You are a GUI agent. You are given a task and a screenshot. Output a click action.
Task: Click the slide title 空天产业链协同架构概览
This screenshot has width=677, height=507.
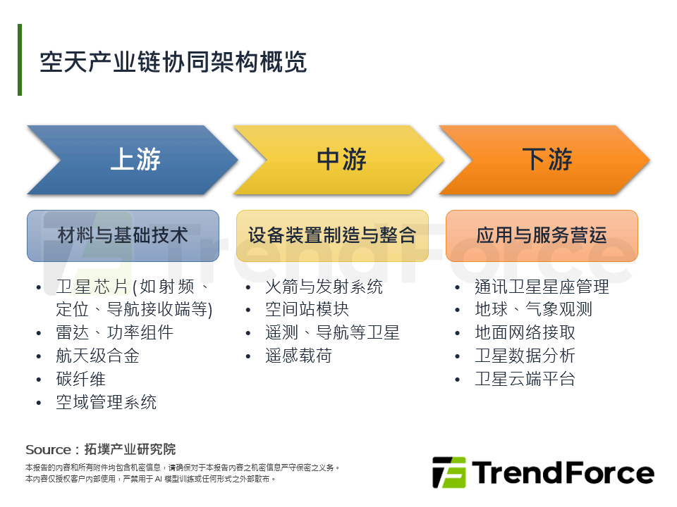(x=173, y=62)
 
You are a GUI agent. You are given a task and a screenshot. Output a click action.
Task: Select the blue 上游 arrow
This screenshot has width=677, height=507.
(x=134, y=160)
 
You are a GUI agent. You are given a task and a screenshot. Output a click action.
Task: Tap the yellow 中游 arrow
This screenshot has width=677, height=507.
(x=341, y=160)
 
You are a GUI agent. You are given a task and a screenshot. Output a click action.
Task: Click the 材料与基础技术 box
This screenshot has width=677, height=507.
(x=123, y=235)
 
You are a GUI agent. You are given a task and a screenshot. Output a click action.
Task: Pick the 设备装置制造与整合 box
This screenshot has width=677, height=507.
(x=332, y=235)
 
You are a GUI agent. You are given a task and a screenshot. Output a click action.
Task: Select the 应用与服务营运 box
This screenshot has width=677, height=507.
(x=542, y=235)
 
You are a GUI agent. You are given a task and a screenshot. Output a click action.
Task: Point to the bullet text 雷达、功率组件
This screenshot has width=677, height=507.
(x=114, y=332)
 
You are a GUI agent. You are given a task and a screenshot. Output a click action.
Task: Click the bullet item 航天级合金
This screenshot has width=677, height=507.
(x=97, y=356)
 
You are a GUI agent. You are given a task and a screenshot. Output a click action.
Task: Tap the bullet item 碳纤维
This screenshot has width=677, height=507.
(x=80, y=379)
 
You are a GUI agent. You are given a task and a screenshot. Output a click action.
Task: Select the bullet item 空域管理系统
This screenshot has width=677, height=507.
(x=106, y=402)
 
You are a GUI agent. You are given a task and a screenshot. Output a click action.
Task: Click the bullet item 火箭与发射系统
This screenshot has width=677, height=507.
(x=324, y=287)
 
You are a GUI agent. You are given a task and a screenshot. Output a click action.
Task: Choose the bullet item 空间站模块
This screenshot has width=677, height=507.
(x=307, y=309)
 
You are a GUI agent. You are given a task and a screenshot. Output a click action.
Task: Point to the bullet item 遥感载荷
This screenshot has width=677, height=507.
(x=298, y=356)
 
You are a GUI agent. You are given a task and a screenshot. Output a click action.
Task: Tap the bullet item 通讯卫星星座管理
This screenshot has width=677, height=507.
(x=542, y=287)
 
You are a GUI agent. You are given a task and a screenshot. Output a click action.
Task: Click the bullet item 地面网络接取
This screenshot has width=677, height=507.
(x=525, y=332)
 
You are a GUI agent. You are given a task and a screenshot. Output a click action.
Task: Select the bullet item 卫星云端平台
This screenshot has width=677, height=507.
(x=525, y=379)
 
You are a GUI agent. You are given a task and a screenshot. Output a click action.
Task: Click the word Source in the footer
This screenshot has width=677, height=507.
(x=48, y=449)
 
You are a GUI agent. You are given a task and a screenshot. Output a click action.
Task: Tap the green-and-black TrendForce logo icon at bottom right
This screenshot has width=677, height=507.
(x=449, y=472)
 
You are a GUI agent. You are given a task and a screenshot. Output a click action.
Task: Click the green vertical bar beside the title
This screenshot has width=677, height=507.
(x=20, y=60)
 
